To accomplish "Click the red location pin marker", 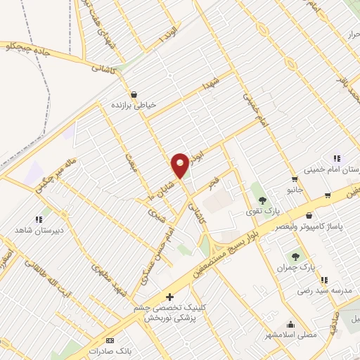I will [x=180, y=165].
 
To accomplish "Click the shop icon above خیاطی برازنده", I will [x=133, y=94].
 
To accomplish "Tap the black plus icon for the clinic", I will [x=168, y=297].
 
